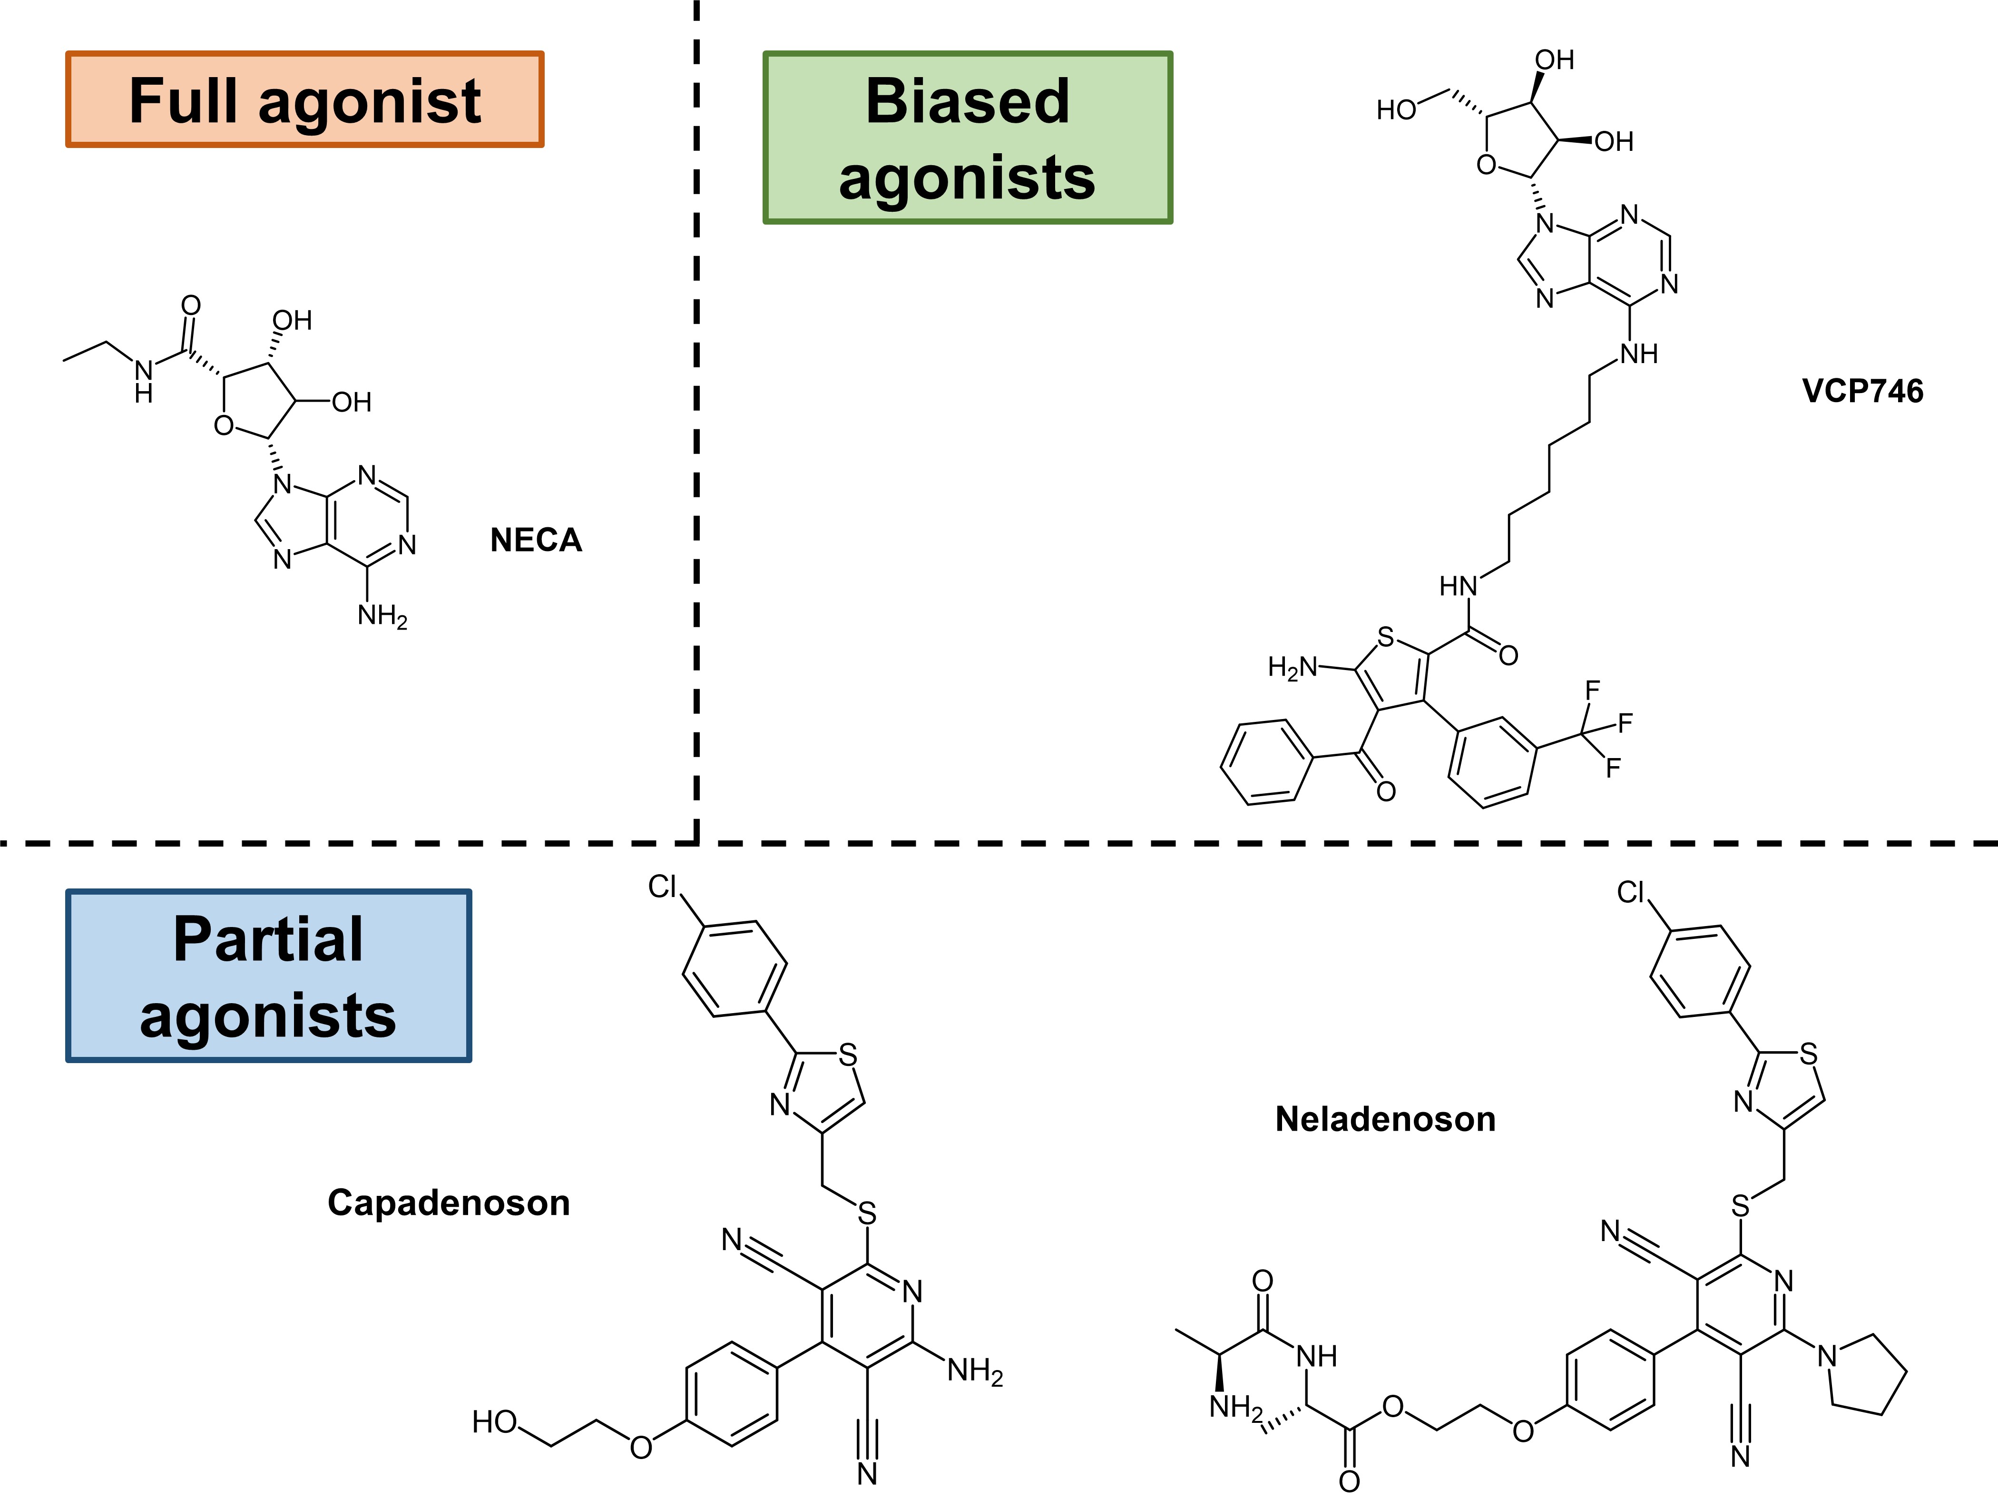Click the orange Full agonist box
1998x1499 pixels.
coord(304,99)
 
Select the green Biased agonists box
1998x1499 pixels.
coord(968,138)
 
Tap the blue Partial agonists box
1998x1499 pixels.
coord(268,976)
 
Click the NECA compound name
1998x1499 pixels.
coord(536,540)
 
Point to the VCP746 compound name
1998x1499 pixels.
coord(1862,391)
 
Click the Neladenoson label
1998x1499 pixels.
coord(1385,1120)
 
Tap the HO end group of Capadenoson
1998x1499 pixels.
coord(494,1422)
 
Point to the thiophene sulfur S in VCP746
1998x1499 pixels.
coord(1386,638)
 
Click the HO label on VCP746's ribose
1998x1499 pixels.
coord(1396,110)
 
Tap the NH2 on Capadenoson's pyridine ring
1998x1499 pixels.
coord(975,1371)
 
